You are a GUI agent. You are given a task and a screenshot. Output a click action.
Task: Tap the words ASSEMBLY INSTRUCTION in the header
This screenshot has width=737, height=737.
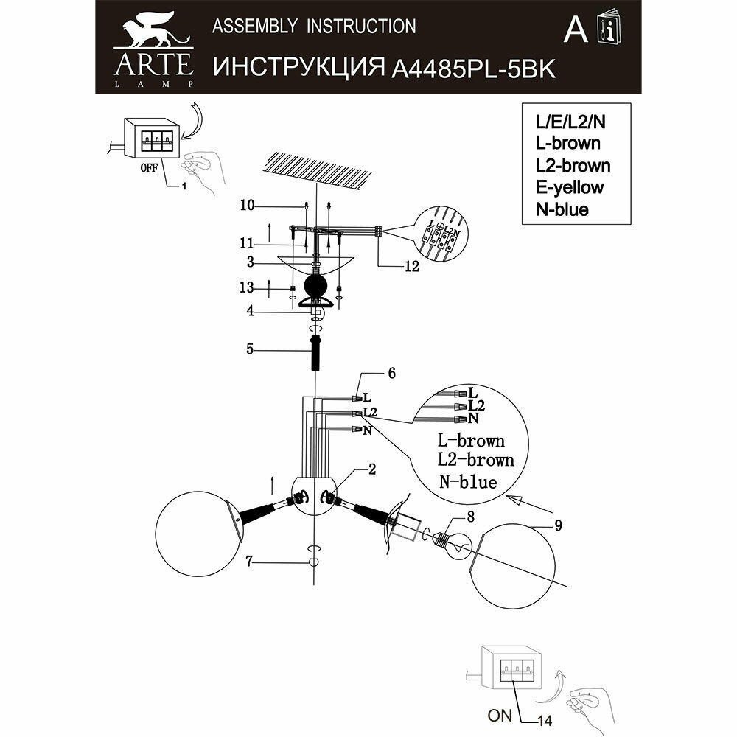314,27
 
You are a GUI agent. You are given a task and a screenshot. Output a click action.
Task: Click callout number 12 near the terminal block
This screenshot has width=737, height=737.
411,267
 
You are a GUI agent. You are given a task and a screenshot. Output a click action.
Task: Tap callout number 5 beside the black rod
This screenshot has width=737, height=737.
250,349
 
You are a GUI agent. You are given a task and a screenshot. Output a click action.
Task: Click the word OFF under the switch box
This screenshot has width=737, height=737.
147,167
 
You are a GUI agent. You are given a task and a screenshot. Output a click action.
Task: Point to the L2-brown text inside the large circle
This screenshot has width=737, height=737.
475,461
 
